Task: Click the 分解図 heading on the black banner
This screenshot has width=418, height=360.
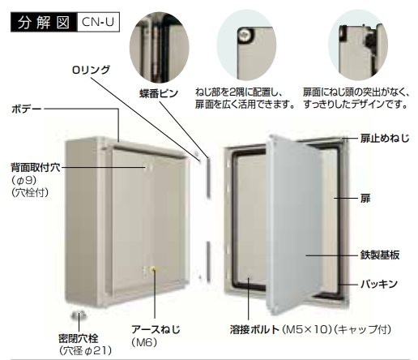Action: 44,22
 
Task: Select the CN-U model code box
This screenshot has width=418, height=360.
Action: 98,22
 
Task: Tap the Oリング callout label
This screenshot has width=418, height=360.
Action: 91,70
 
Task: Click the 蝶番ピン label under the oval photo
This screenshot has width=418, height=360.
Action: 159,93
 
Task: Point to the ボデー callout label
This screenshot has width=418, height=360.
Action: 27,109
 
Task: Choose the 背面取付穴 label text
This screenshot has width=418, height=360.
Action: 36,167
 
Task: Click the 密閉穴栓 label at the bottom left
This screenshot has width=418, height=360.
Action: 79,338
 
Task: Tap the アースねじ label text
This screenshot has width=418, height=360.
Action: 156,329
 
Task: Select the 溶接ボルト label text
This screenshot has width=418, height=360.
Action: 254,329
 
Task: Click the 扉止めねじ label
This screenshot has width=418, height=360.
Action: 385,139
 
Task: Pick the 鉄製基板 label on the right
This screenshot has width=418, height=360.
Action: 380,255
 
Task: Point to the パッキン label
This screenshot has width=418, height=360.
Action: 379,284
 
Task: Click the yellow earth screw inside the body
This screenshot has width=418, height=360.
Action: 154,269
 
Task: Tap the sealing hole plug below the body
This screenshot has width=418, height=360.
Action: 79,315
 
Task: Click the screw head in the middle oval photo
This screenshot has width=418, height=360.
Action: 245,35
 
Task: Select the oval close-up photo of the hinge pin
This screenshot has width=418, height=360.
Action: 160,47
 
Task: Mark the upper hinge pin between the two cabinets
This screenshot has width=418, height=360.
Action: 208,177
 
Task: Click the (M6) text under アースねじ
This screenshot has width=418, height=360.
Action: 144,342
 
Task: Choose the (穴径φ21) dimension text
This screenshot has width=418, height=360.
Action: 85,350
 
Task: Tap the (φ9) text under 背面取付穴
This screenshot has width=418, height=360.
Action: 24,180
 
